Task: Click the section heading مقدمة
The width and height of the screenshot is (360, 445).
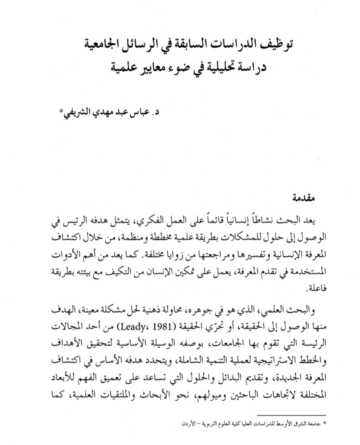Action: tap(301, 199)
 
